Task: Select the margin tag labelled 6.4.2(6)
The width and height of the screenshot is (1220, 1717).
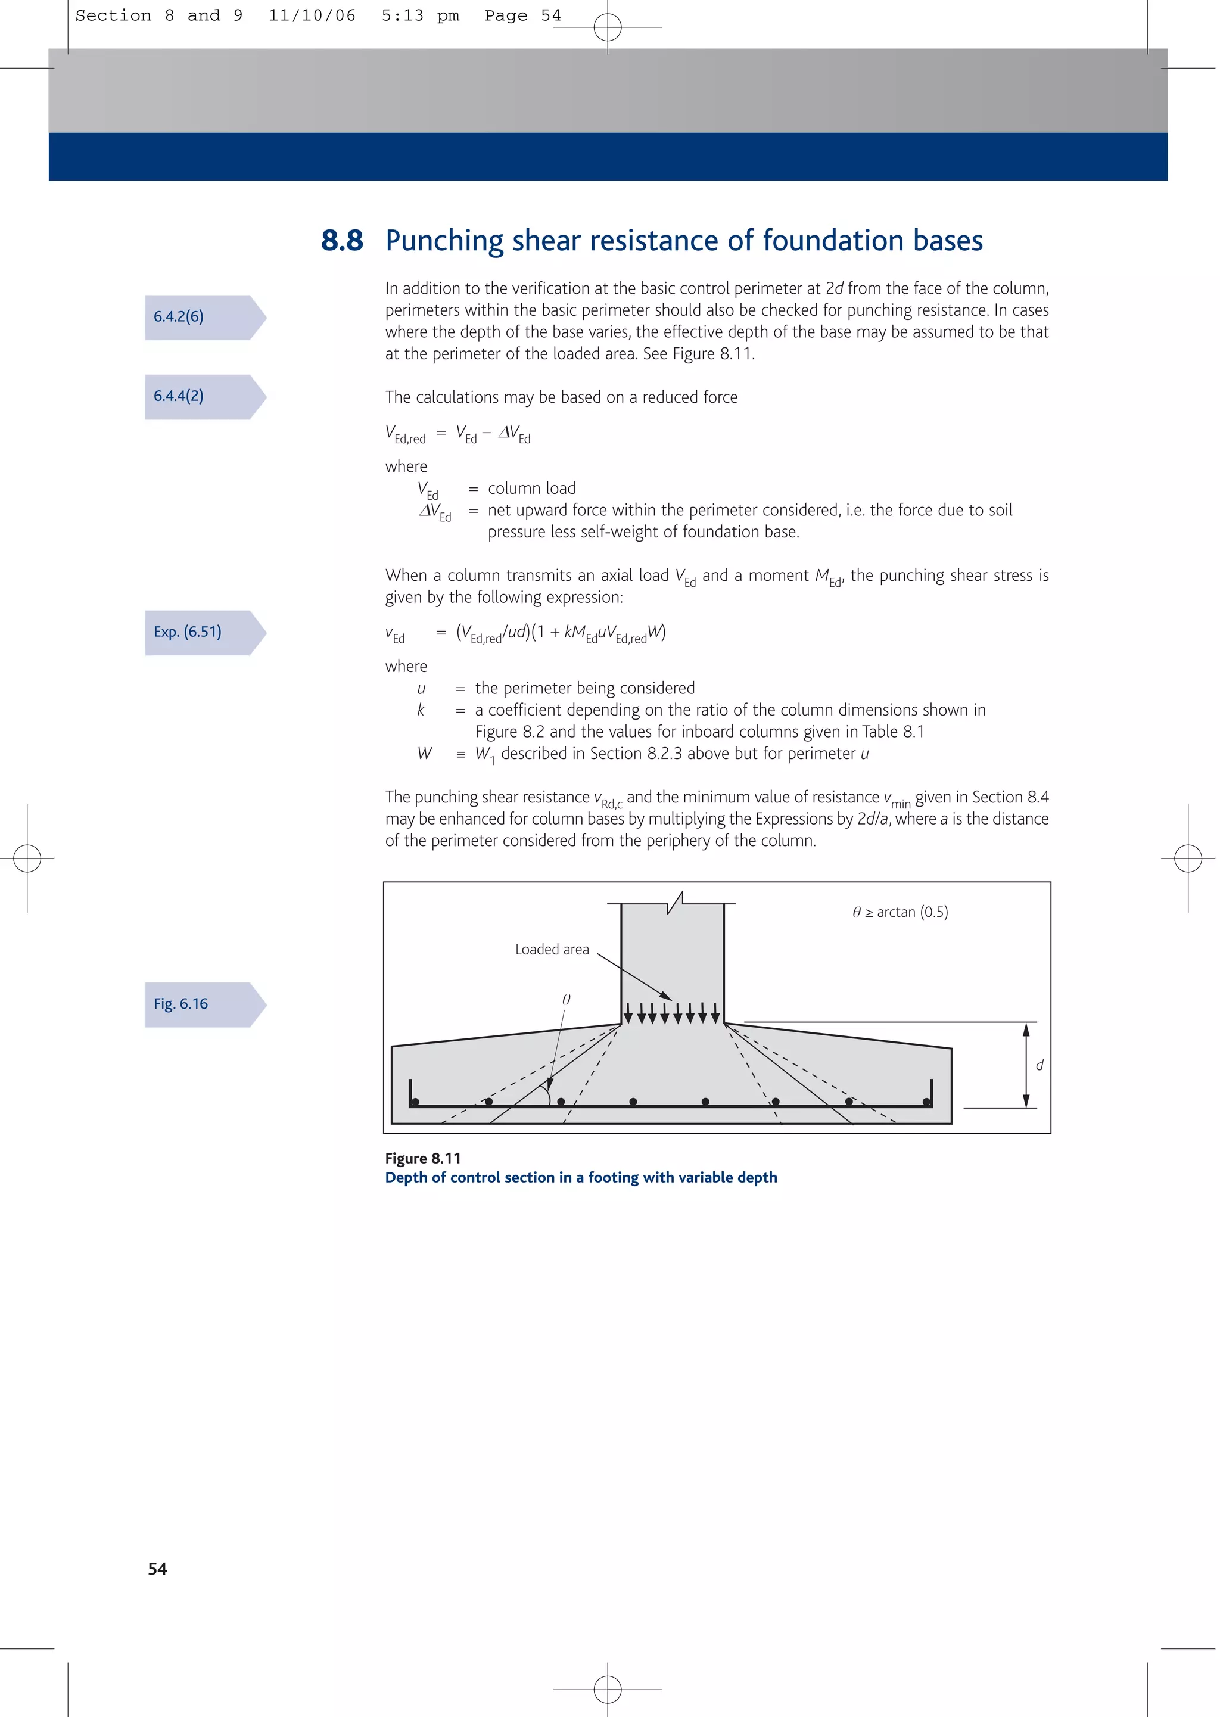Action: click(179, 317)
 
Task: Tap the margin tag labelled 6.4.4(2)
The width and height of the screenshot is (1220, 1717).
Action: click(179, 396)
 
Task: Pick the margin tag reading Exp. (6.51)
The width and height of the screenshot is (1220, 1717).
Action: click(188, 632)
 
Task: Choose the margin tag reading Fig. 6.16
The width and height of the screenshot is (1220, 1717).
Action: click(181, 1004)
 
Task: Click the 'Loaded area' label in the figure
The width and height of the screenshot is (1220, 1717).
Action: click(552, 950)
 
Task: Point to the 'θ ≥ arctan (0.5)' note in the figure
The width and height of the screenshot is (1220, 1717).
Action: click(900, 912)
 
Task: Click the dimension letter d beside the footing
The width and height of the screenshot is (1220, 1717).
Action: click(1040, 1065)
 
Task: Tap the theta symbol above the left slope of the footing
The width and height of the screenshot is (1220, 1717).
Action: click(567, 999)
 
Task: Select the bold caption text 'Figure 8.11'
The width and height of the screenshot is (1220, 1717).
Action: click(423, 1158)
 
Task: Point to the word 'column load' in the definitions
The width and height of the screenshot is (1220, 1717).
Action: click(532, 488)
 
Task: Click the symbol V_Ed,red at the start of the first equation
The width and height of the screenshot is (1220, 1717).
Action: click(406, 434)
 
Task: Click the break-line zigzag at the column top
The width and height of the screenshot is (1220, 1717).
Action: click(676, 902)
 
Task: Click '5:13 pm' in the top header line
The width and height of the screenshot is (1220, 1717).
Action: click(420, 15)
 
